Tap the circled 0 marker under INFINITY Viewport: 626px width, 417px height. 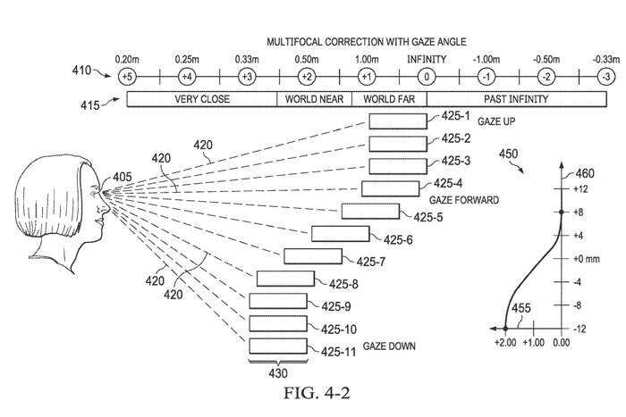(x=427, y=76)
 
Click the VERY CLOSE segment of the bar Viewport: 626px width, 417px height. (x=202, y=99)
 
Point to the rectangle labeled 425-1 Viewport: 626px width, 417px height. (x=397, y=121)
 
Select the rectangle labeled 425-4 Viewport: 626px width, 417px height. (x=389, y=188)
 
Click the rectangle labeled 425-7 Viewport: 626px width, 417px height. (x=312, y=256)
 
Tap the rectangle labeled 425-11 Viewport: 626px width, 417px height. (x=277, y=346)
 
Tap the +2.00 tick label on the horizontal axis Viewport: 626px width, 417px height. (x=506, y=342)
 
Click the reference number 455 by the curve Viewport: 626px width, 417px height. (x=520, y=309)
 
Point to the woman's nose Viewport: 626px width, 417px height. (x=106, y=210)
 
